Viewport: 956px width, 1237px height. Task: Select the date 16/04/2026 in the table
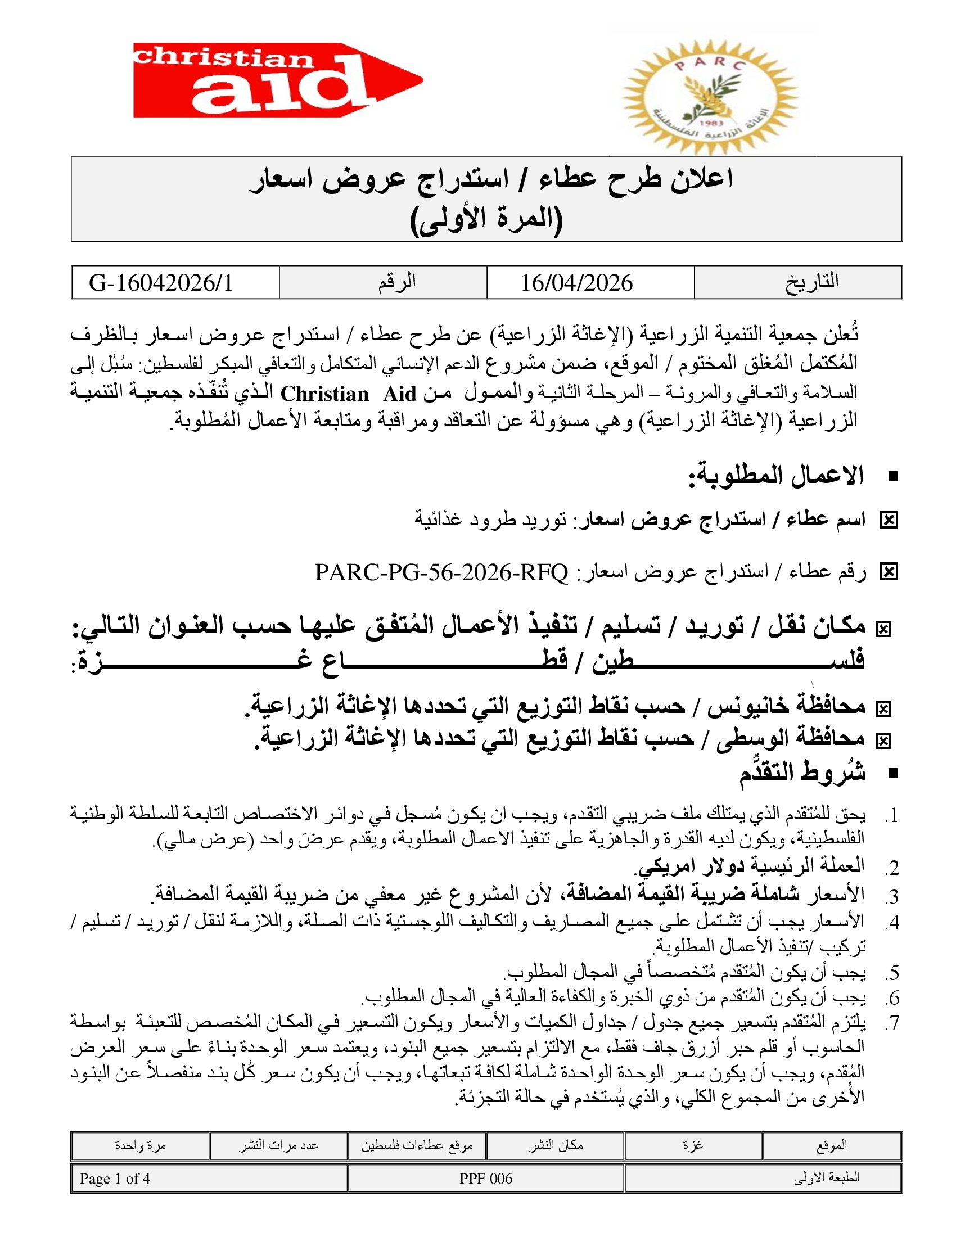pyautogui.click(x=576, y=283)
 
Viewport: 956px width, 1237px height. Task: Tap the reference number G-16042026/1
pyautogui.click(x=161, y=283)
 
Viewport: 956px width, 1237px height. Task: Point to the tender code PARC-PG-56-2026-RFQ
pyautogui.click(x=441, y=572)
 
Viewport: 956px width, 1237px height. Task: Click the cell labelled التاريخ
pyautogui.click(x=811, y=282)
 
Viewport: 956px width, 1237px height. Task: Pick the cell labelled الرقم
pyautogui.click(x=397, y=282)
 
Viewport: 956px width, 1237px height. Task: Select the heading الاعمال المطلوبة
pyautogui.click(x=776, y=476)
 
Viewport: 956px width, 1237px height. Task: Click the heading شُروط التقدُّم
pyautogui.click(x=802, y=773)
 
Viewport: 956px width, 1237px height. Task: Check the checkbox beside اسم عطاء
pyautogui.click(x=889, y=520)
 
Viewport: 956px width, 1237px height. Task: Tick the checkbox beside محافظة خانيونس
pyautogui.click(x=883, y=708)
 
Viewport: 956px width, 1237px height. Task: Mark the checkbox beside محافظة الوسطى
pyautogui.click(x=883, y=741)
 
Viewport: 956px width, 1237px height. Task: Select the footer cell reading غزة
pyautogui.click(x=693, y=1145)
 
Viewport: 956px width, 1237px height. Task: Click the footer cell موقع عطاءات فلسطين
pyautogui.click(x=417, y=1145)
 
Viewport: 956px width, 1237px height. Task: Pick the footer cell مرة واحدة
pyautogui.click(x=140, y=1145)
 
